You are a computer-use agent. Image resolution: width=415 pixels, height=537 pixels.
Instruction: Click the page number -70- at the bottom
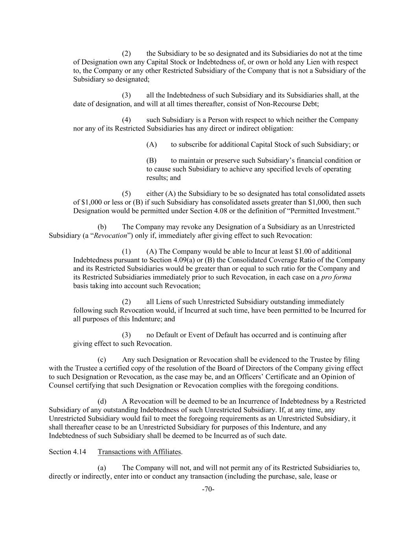[208, 489]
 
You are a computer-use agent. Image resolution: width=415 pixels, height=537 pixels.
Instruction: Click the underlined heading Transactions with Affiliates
[140, 452]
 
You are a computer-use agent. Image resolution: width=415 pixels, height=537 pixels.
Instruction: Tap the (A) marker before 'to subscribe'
[151, 144]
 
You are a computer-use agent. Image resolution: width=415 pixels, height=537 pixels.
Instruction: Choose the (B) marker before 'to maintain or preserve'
[151, 161]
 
